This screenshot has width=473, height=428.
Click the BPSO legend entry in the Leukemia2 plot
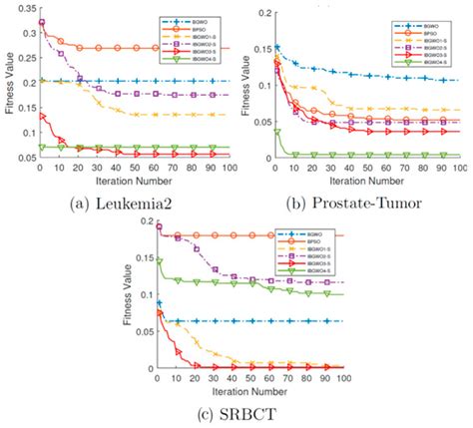click(196, 24)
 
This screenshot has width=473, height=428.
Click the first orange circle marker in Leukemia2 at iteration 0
click(42, 22)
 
